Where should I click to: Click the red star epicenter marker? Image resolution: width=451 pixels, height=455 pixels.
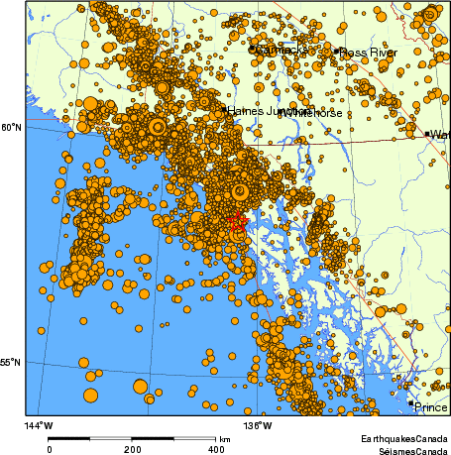(x=236, y=222)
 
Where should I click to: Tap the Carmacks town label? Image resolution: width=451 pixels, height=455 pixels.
(x=282, y=50)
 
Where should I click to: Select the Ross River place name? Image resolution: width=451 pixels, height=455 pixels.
(x=366, y=52)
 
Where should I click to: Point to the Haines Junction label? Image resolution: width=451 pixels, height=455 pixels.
(x=260, y=111)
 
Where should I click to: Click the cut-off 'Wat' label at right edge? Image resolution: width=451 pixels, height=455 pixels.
(x=440, y=134)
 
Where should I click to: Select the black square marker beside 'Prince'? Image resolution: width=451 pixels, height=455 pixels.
(x=411, y=403)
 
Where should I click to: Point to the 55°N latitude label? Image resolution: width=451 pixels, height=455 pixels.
(x=10, y=364)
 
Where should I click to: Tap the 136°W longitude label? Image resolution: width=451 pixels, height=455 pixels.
(x=260, y=425)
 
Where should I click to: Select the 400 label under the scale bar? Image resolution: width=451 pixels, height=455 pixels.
(x=216, y=449)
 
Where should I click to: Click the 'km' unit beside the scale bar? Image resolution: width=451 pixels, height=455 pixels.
(x=226, y=438)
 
